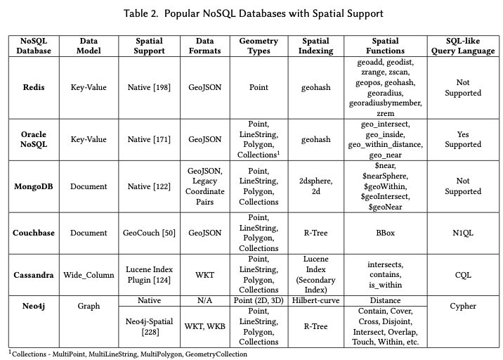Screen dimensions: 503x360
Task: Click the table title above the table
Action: click(251, 13)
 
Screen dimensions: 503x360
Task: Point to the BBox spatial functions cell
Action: click(386, 233)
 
